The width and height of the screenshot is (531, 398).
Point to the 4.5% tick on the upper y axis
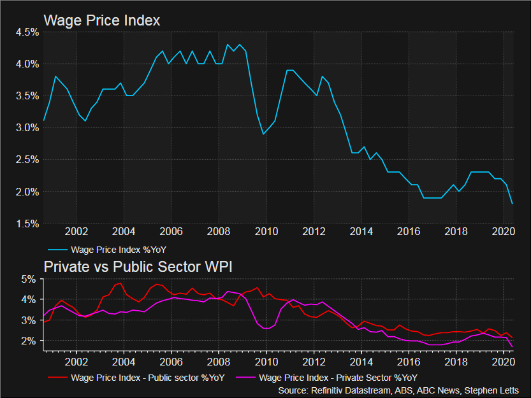(26, 32)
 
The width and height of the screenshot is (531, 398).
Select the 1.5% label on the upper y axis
(26, 224)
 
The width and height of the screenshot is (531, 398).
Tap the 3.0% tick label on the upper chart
(26, 128)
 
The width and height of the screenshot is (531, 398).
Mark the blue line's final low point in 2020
(513, 204)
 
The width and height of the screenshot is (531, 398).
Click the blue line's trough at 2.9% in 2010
(263, 134)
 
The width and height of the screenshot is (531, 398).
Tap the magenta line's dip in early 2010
(266, 329)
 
